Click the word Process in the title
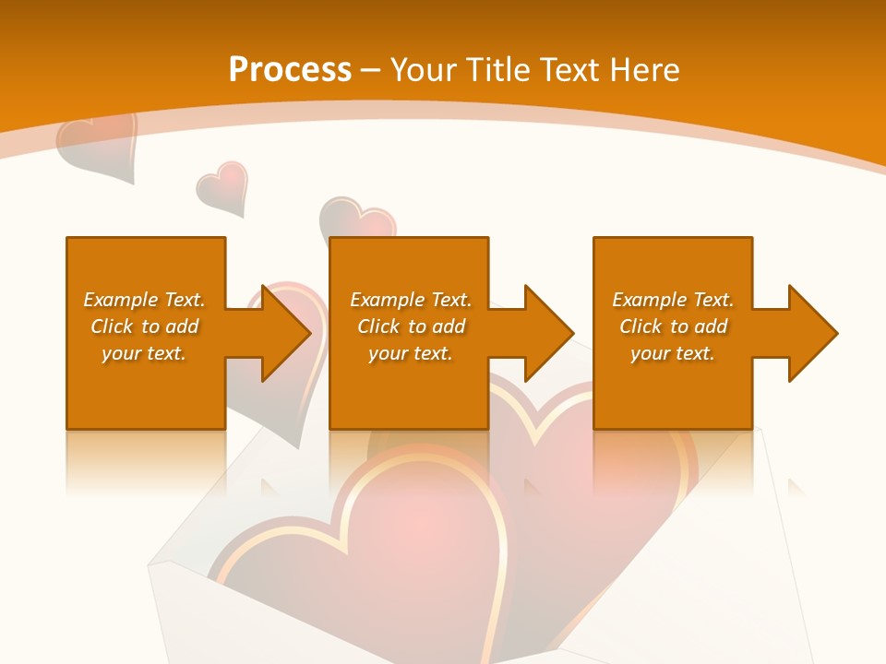coord(290,70)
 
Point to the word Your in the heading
coord(424,70)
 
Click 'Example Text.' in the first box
coord(144,300)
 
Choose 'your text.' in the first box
coord(144,353)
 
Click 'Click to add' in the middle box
coord(411,326)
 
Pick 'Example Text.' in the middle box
coord(411,300)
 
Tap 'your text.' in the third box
coord(672,353)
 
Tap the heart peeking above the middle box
coord(357,219)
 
